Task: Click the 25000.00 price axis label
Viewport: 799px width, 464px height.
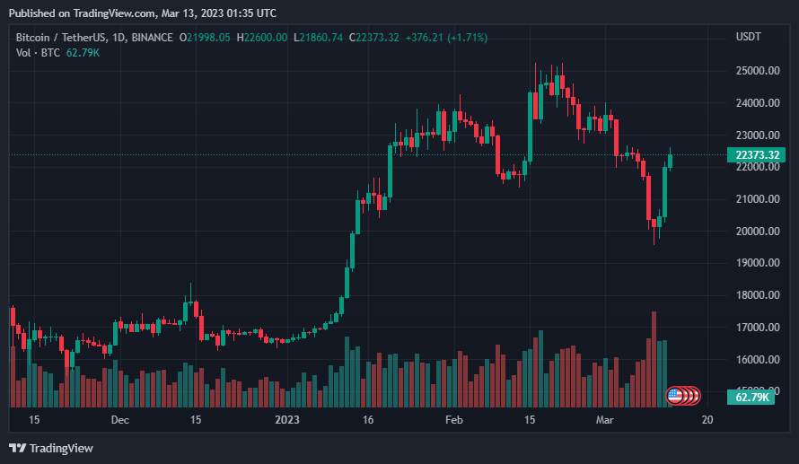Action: [x=755, y=71]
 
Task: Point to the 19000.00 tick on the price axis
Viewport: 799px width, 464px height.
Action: [x=755, y=263]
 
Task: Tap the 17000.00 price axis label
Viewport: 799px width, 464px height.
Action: [x=755, y=328]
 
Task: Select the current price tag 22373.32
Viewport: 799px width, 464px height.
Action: [x=755, y=154]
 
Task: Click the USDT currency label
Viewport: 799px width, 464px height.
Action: [x=748, y=37]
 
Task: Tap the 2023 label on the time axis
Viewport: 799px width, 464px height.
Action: [x=287, y=420]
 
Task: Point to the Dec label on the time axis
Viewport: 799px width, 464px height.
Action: [x=120, y=420]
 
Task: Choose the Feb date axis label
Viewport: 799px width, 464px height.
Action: [x=454, y=420]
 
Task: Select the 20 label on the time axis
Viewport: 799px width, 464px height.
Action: [x=707, y=420]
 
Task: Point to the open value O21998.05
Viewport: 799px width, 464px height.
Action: [x=205, y=37]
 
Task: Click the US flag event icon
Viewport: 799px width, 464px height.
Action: [x=675, y=395]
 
